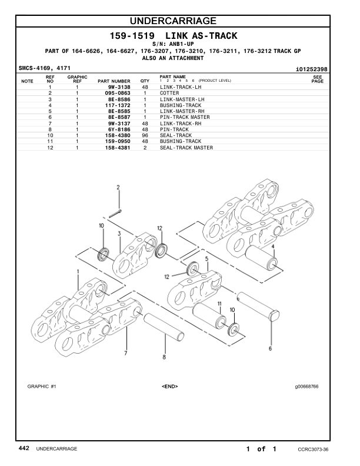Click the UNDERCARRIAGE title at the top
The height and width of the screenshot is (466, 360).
(x=180, y=22)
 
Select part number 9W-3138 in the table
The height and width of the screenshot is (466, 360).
(x=119, y=86)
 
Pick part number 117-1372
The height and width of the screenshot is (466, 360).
(x=118, y=105)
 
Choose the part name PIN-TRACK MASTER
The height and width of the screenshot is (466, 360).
(x=185, y=117)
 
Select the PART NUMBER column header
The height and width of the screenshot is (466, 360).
(x=114, y=81)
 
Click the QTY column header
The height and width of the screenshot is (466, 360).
(x=145, y=81)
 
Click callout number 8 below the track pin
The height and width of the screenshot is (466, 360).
(x=164, y=357)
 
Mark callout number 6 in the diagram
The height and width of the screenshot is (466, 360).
(x=270, y=348)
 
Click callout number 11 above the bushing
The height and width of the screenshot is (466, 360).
(x=219, y=304)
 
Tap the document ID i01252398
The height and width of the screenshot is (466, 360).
(x=311, y=69)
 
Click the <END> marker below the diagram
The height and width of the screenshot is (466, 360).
(x=169, y=387)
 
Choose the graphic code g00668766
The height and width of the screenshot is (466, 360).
(x=307, y=387)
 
